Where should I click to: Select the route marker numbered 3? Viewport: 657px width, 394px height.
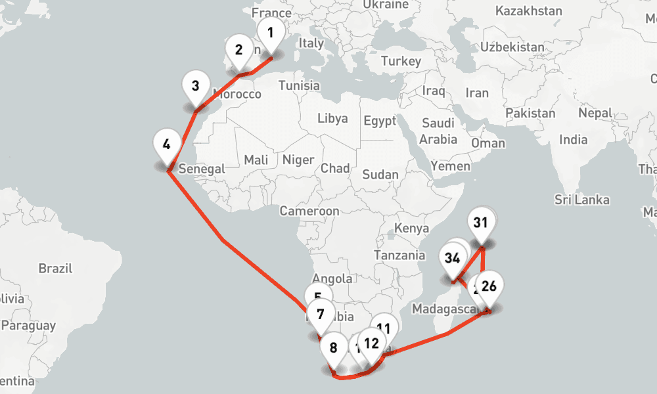[195, 87]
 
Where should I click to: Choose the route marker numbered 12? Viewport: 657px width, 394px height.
[371, 343]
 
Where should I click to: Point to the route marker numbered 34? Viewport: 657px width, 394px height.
[451, 258]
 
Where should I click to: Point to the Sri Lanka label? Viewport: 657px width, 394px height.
[581, 200]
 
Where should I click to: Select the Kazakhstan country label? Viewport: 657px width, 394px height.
[529, 11]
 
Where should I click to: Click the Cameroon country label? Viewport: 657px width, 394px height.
[309, 211]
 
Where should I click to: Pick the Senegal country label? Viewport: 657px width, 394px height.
[202, 168]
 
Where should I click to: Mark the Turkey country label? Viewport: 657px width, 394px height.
[400, 61]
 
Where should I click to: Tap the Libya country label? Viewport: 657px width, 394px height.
[332, 119]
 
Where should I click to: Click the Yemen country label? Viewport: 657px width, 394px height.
[451, 166]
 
